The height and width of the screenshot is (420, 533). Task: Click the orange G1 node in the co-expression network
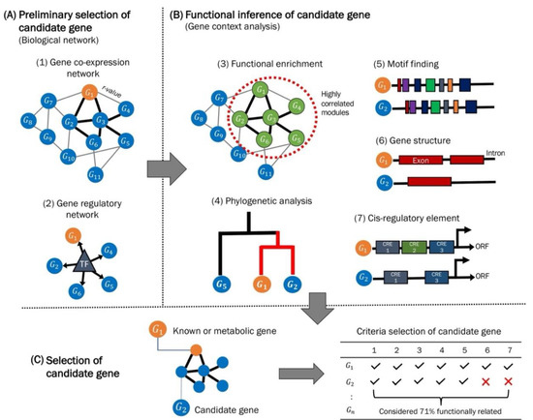89,94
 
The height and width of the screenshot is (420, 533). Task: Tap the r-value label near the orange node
112,85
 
